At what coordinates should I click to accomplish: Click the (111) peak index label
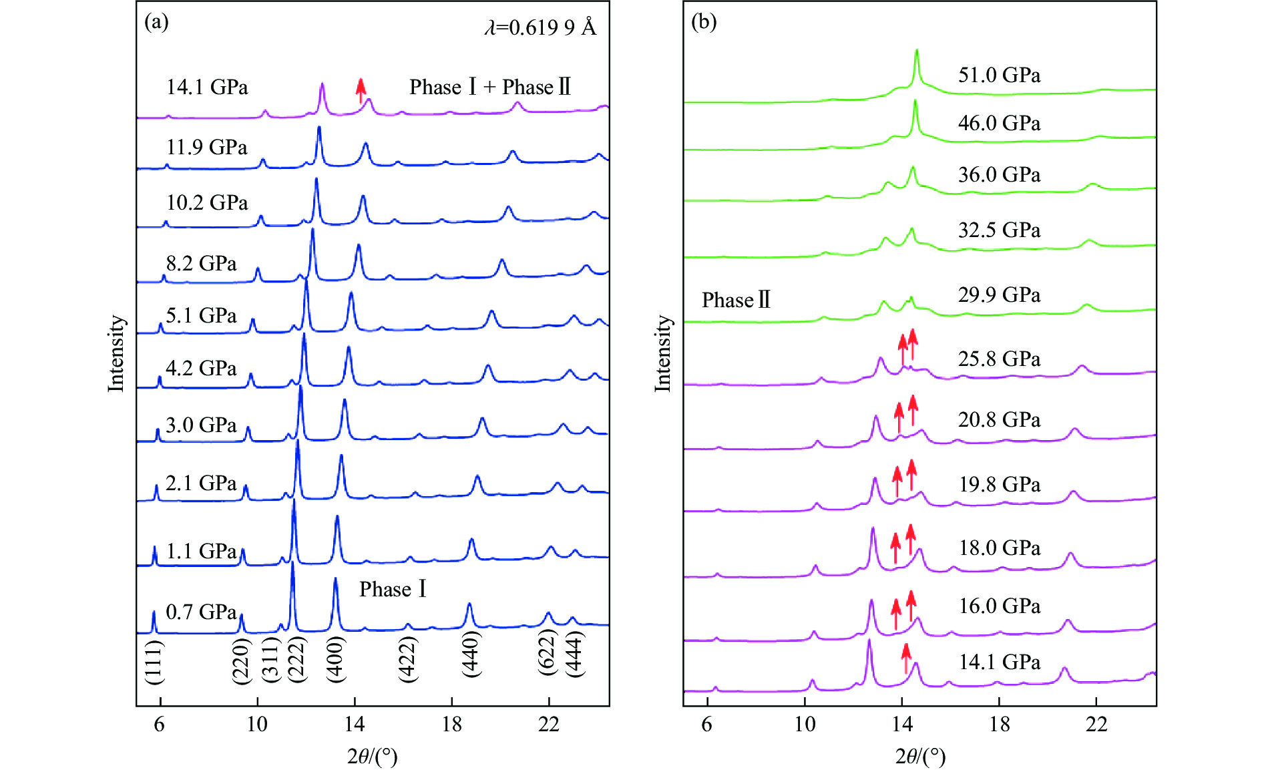tap(154, 662)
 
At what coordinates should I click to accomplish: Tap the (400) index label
tap(336, 658)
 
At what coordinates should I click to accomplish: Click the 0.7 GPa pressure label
tap(201, 612)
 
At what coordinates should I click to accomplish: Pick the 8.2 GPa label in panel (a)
tap(201, 263)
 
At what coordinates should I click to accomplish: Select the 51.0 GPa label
tap(999, 75)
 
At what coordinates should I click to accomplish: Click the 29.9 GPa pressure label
tap(999, 295)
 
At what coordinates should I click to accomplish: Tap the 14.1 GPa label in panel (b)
tap(1000, 662)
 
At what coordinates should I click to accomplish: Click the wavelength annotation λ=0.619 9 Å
tap(540, 27)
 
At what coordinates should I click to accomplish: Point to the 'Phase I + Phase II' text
tap(490, 87)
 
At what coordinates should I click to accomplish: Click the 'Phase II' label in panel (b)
tap(736, 300)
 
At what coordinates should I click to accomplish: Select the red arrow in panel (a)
tap(361, 90)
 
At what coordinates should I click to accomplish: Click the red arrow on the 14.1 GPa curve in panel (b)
tap(906, 658)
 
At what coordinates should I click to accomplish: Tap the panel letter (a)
tap(156, 22)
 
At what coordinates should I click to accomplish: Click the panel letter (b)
tap(703, 22)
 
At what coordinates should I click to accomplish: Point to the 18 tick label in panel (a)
tap(451, 725)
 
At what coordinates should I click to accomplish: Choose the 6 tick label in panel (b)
tap(707, 725)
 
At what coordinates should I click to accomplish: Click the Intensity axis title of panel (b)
tap(662, 353)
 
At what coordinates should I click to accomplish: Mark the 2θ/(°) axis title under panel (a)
tap(372, 757)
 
